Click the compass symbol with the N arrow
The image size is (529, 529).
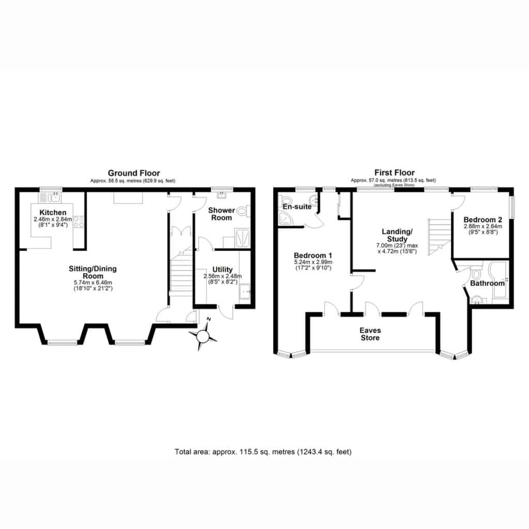[203, 336]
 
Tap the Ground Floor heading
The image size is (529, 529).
[134, 173]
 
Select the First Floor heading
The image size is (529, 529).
[394, 173]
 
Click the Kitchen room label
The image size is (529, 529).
[53, 212]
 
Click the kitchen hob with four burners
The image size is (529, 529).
[79, 222]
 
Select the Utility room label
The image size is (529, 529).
[222, 270]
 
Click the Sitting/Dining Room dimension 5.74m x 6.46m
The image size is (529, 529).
[93, 283]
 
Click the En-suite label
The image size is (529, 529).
[297, 207]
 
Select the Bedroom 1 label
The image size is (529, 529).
[313, 255]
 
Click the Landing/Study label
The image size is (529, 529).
[397, 236]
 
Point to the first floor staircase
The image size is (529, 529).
[440, 237]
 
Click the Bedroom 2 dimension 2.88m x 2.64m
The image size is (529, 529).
[483, 226]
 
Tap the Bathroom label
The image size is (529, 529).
[488, 284]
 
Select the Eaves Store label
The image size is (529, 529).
[370, 334]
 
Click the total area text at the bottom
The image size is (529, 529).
[263, 452]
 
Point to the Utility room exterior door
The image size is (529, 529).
[225, 312]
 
